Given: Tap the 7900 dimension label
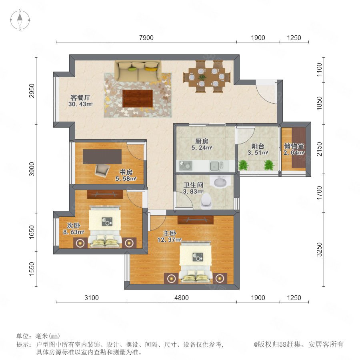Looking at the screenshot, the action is (146, 38).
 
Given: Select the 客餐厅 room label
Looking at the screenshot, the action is (80, 98).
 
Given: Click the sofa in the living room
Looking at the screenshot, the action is (138, 70).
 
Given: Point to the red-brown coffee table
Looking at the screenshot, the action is (138, 98).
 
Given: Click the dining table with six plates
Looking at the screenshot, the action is (207, 77).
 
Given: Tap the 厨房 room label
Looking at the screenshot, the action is (202, 141).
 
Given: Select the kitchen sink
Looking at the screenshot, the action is (216, 166).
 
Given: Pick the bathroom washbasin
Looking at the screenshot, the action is (220, 182).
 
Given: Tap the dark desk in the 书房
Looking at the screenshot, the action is (102, 156).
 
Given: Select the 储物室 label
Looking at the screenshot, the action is (294, 146).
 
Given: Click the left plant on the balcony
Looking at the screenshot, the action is (243, 165).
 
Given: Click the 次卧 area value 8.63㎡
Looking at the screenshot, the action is (74, 232).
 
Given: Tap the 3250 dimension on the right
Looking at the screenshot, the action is (319, 250).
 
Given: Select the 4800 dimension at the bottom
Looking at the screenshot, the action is (182, 298).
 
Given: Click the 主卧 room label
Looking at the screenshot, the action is (170, 233).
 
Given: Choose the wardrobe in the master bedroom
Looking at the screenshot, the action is (196, 220).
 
